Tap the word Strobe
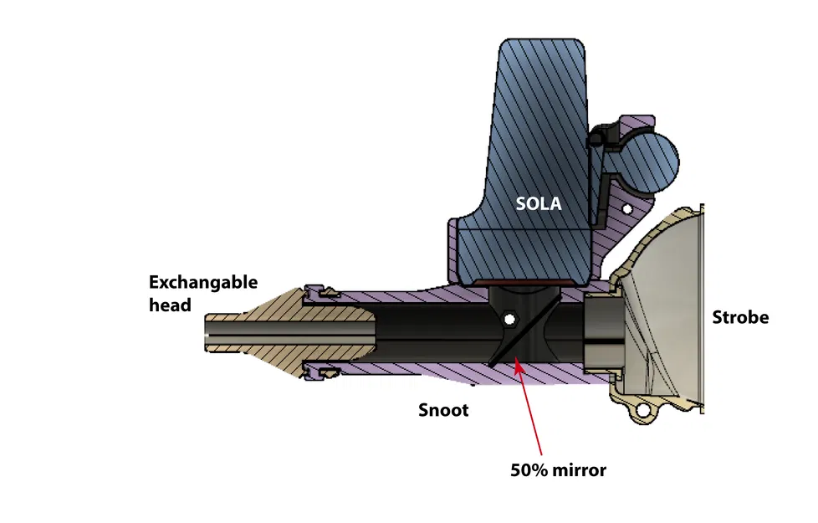click(740, 317)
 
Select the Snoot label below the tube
click(442, 410)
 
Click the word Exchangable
click(203, 283)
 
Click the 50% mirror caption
click(558, 469)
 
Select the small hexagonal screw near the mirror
click(509, 320)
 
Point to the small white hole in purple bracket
click(626, 207)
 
